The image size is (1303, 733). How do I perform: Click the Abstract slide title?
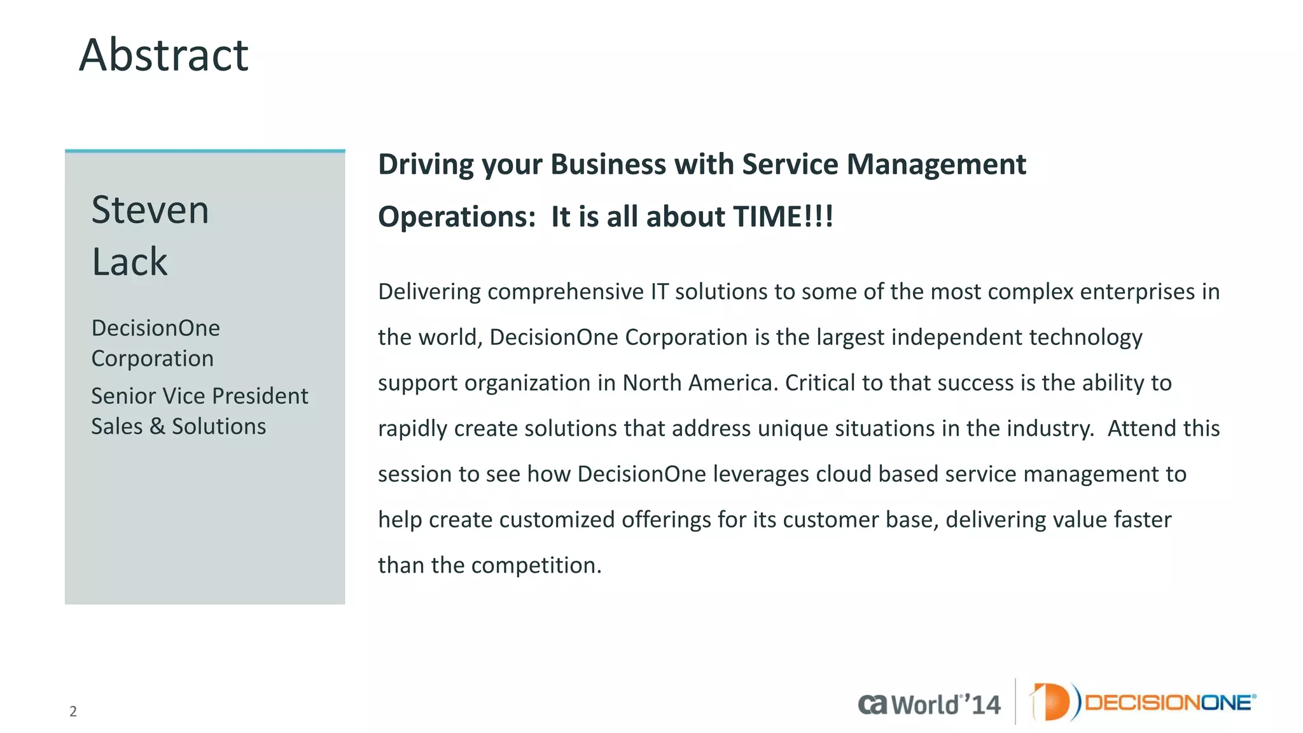(x=164, y=55)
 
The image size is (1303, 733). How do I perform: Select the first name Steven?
(x=150, y=210)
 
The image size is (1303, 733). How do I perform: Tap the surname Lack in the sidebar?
(x=130, y=262)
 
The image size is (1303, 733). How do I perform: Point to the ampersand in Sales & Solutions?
(x=157, y=426)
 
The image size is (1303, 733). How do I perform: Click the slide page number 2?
(x=73, y=711)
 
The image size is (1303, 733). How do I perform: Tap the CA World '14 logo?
(x=929, y=704)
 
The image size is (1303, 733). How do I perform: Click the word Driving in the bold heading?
(x=426, y=165)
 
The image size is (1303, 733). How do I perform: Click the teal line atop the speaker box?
(x=205, y=151)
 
